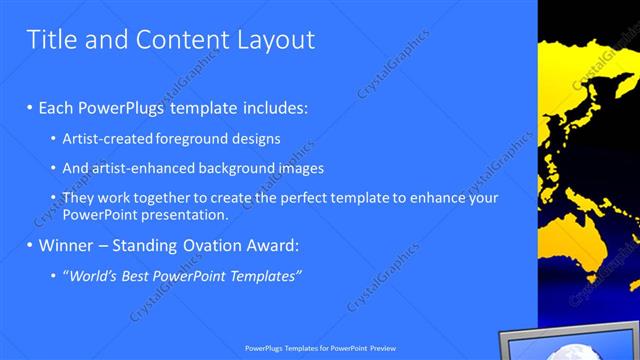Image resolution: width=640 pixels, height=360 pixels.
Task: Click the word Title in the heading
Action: point(52,40)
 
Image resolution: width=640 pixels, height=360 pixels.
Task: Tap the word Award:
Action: point(271,245)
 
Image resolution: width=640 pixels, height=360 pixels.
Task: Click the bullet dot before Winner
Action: point(30,245)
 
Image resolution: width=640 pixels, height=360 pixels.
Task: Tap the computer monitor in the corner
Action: point(570,344)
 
